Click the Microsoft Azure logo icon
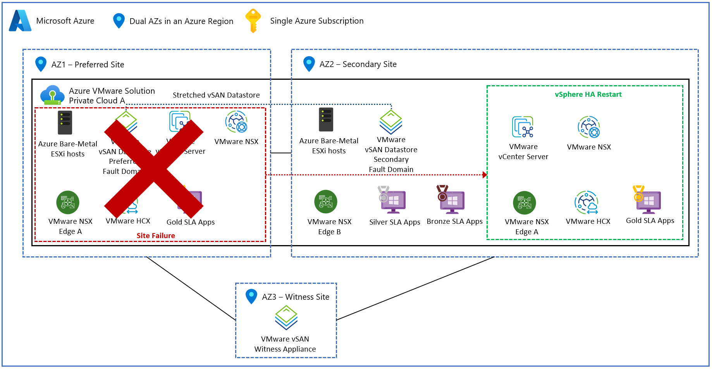(x=20, y=21)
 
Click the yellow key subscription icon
(x=253, y=21)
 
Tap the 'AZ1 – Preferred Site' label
(x=88, y=65)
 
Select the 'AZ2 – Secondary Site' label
(x=358, y=64)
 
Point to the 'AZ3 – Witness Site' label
(x=296, y=297)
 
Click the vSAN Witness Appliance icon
(x=286, y=318)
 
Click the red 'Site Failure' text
(x=156, y=235)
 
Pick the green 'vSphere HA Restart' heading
(x=588, y=94)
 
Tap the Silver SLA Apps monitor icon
(x=392, y=200)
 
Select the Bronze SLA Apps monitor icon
(x=451, y=200)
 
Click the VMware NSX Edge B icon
(x=326, y=202)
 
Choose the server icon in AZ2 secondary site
(x=326, y=120)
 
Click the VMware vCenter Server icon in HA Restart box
(x=523, y=127)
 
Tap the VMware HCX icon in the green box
(x=587, y=202)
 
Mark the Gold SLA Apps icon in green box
(x=648, y=200)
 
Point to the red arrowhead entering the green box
(x=484, y=175)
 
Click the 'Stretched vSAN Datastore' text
(x=216, y=95)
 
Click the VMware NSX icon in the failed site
(x=236, y=122)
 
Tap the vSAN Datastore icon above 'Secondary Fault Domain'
(x=390, y=122)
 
